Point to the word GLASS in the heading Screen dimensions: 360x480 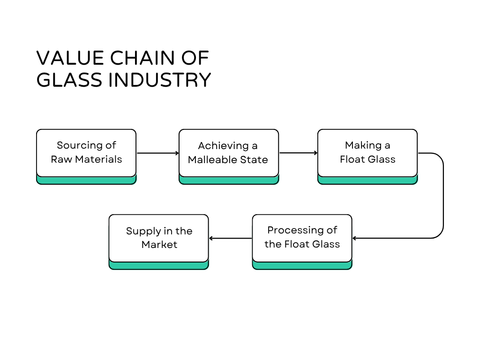pos(69,80)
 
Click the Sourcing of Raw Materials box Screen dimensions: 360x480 pos(86,153)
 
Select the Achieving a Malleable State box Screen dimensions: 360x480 pos(229,153)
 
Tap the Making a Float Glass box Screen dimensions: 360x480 pos(367,153)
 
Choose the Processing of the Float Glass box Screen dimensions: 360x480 pos(302,238)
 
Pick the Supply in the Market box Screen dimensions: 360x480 pos(159,238)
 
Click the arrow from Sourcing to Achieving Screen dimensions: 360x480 pos(157,153)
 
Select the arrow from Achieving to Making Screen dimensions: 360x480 pos(298,153)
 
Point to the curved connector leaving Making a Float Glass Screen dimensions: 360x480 pos(442,197)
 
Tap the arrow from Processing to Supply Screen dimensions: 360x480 pos(231,238)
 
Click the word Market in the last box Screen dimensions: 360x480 pos(159,245)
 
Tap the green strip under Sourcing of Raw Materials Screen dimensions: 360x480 pos(86,180)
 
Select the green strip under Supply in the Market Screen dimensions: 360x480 pos(159,266)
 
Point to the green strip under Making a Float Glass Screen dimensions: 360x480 pos(367,180)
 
